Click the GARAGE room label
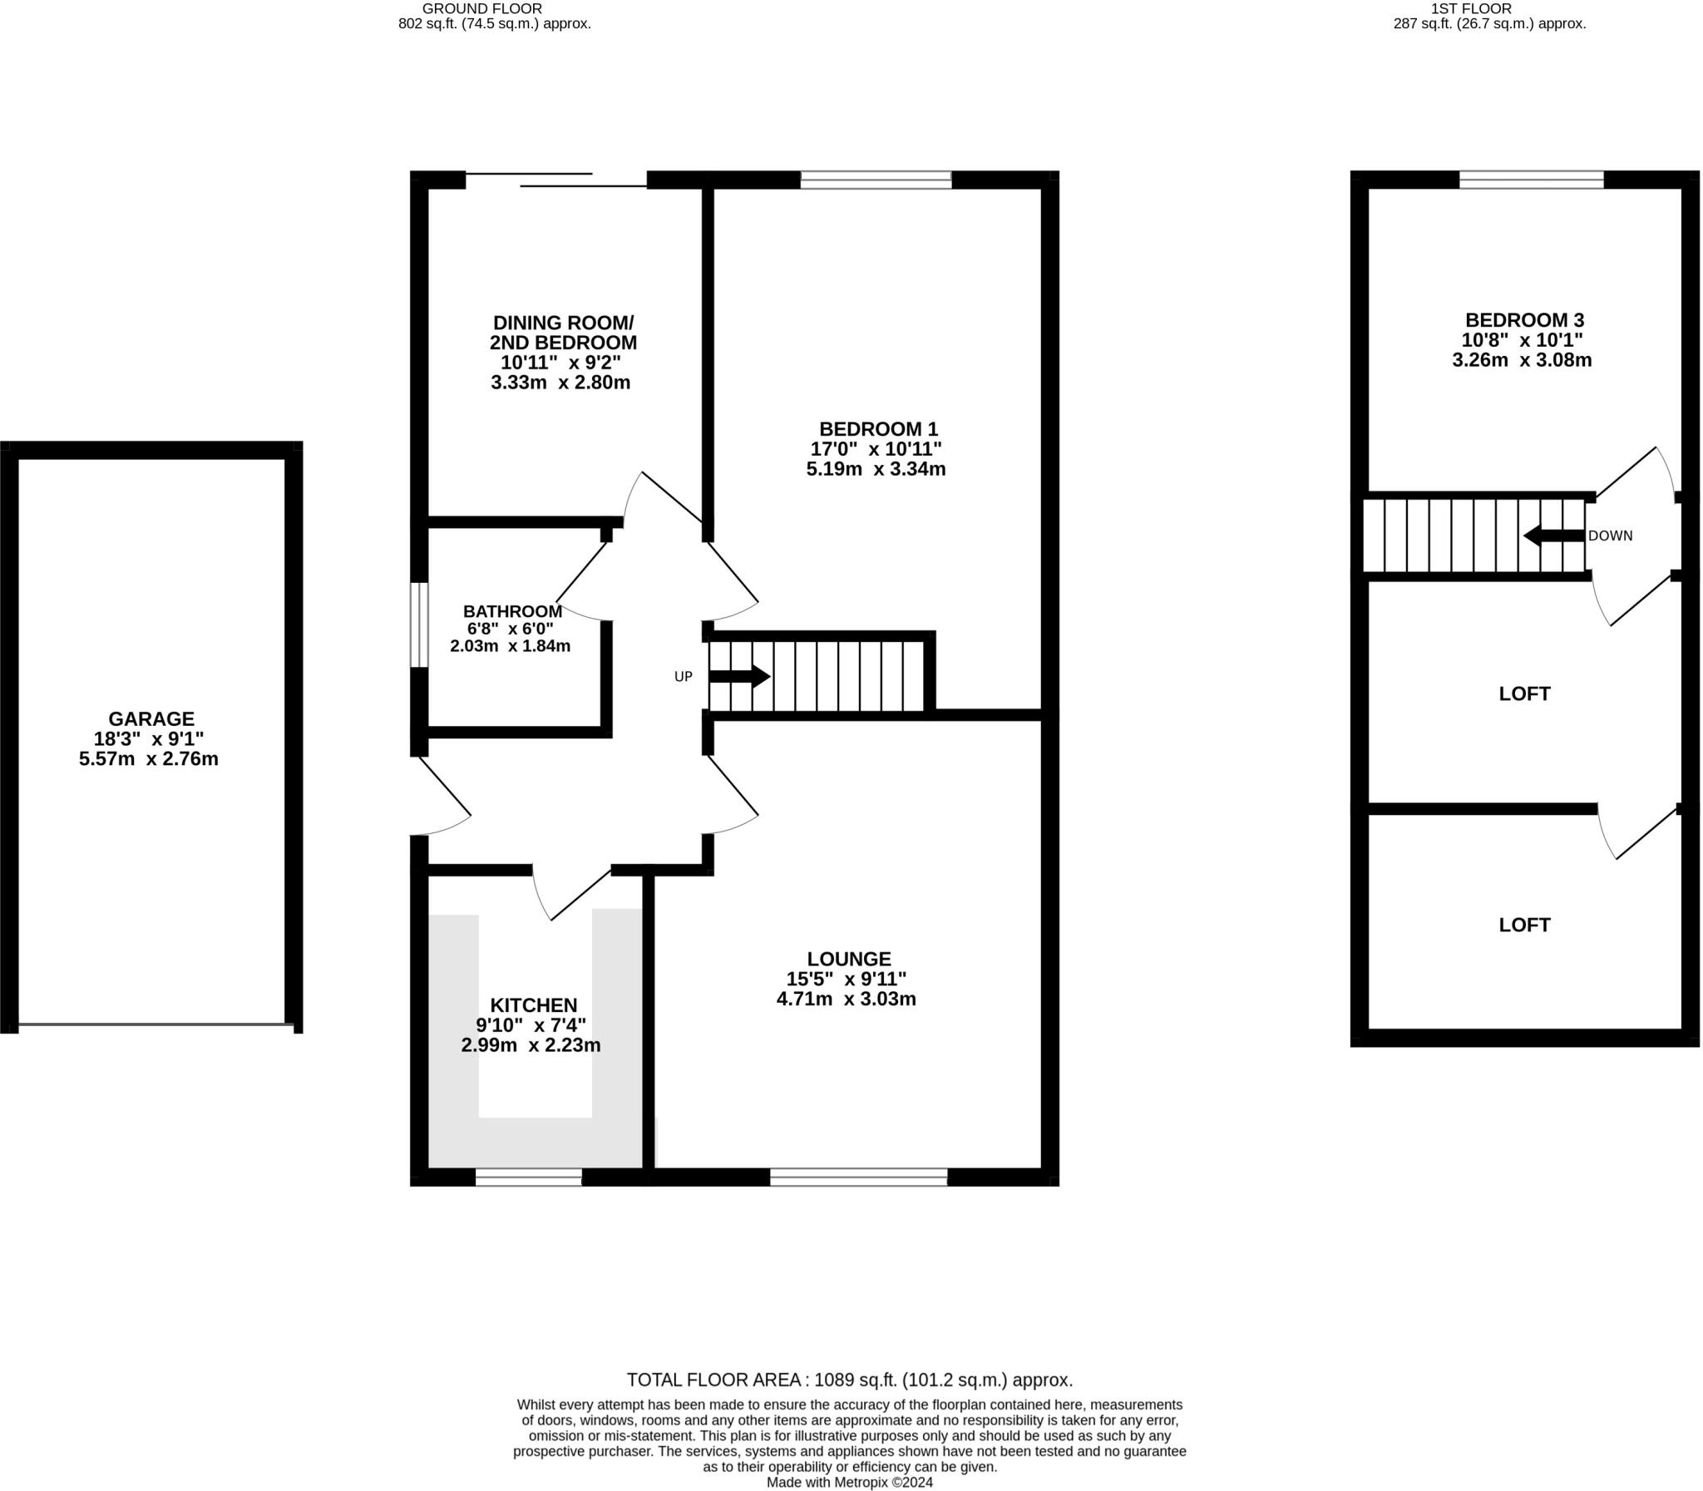pos(151,718)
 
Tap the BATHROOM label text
pos(512,610)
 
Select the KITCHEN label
pos(532,1005)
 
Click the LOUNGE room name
pos(847,958)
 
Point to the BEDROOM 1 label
pos(878,428)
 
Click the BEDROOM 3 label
pos(1523,319)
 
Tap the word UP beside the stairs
pos(682,676)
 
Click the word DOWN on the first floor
pos(1610,536)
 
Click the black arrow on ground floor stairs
pos(738,676)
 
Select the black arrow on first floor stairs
pos(1553,536)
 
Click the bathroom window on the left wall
pos(419,625)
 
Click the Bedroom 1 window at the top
pos(876,180)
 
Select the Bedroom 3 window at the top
pos(1531,180)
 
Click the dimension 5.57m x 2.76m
pos(148,759)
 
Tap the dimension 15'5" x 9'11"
pos(846,979)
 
